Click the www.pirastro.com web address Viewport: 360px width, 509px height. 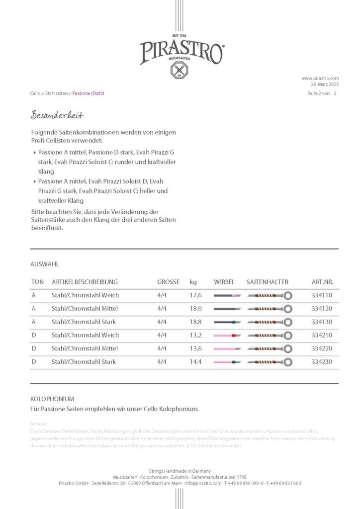pyautogui.click(x=320, y=78)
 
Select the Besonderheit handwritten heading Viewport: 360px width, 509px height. pyautogui.click(x=57, y=115)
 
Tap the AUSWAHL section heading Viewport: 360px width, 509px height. pyautogui.click(x=45, y=264)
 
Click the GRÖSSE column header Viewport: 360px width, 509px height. pyautogui.click(x=168, y=282)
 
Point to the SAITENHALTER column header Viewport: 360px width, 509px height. pyautogui.click(x=267, y=282)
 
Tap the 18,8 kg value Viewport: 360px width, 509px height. pyautogui.click(x=195, y=322)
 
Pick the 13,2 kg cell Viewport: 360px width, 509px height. pyautogui.click(x=195, y=335)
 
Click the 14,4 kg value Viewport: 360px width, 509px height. pyautogui.click(x=195, y=362)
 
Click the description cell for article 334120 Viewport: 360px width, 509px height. pyautogui.click(x=84, y=309)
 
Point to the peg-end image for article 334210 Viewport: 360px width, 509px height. pyautogui.click(x=227, y=336)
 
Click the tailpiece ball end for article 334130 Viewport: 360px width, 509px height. pyautogui.click(x=287, y=322)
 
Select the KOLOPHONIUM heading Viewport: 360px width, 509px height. pyautogui.click(x=52, y=399)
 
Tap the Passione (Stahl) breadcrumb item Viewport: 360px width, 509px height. pyautogui.click(x=88, y=93)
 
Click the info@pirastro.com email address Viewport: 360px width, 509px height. pyautogui.click(x=203, y=483)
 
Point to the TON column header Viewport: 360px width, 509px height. pyautogui.click(x=37, y=282)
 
